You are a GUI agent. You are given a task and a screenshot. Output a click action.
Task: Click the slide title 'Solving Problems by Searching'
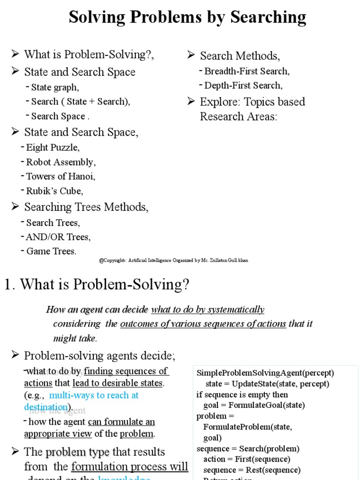(187, 17)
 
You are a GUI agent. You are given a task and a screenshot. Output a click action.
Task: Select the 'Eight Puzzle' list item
(52, 148)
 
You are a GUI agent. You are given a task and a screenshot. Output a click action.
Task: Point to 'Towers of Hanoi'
(60, 177)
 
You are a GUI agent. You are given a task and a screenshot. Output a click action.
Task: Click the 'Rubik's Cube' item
(54, 191)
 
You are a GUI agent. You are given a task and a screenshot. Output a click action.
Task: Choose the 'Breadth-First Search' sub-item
(247, 71)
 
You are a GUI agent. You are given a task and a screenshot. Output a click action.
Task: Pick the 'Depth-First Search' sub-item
(243, 86)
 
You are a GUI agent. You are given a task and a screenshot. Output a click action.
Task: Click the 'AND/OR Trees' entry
(58, 237)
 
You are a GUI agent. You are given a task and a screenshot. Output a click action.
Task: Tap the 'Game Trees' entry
(51, 251)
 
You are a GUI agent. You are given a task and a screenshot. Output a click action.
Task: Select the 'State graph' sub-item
(55, 87)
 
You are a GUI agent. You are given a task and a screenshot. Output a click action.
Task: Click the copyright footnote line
(173, 260)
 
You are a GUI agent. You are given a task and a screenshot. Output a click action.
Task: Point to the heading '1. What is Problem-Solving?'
(97, 284)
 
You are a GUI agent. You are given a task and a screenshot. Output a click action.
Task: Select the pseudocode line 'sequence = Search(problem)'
(248, 449)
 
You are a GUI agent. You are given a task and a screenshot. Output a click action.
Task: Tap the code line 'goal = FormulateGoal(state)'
(254, 405)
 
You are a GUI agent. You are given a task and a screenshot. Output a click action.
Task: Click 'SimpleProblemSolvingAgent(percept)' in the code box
(265, 373)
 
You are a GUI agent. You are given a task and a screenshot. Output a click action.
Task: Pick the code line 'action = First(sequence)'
(247, 459)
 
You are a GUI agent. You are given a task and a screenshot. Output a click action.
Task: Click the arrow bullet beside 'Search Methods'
(191, 55)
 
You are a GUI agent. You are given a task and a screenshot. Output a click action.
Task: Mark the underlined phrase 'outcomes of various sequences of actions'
(203, 324)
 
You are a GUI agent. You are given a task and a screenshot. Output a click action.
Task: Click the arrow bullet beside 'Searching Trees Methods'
(15, 206)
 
